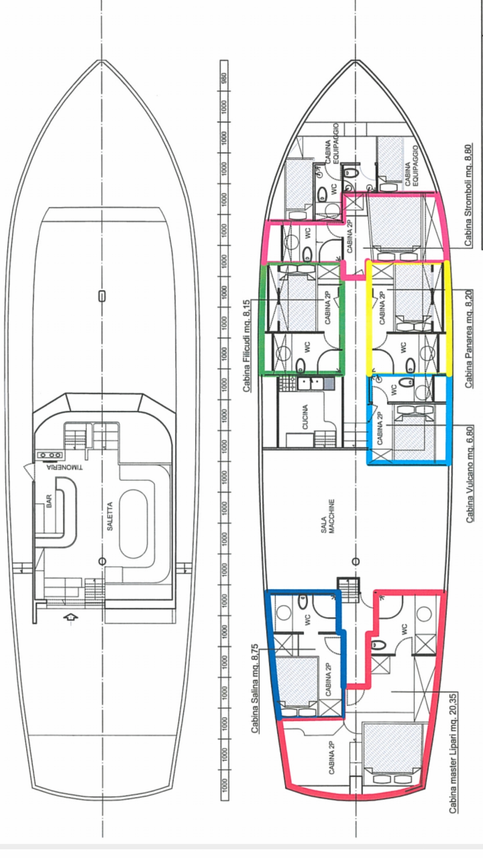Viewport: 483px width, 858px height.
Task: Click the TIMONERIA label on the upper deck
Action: (65, 468)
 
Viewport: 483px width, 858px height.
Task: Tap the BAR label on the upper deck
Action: (49, 500)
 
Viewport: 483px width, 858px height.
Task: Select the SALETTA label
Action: (110, 516)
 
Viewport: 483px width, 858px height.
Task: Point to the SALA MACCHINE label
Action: (329, 516)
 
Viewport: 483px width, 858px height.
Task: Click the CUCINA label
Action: (305, 417)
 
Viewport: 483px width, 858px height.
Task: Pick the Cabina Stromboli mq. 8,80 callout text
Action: (468, 195)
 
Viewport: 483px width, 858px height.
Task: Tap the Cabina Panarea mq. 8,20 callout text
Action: (469, 339)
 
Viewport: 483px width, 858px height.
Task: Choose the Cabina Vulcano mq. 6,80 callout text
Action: (470, 474)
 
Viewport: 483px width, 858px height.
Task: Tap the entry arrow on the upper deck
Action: (71, 617)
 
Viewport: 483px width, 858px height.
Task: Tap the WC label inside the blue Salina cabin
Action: (307, 619)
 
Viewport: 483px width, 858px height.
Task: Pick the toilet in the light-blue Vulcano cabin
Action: (406, 383)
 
